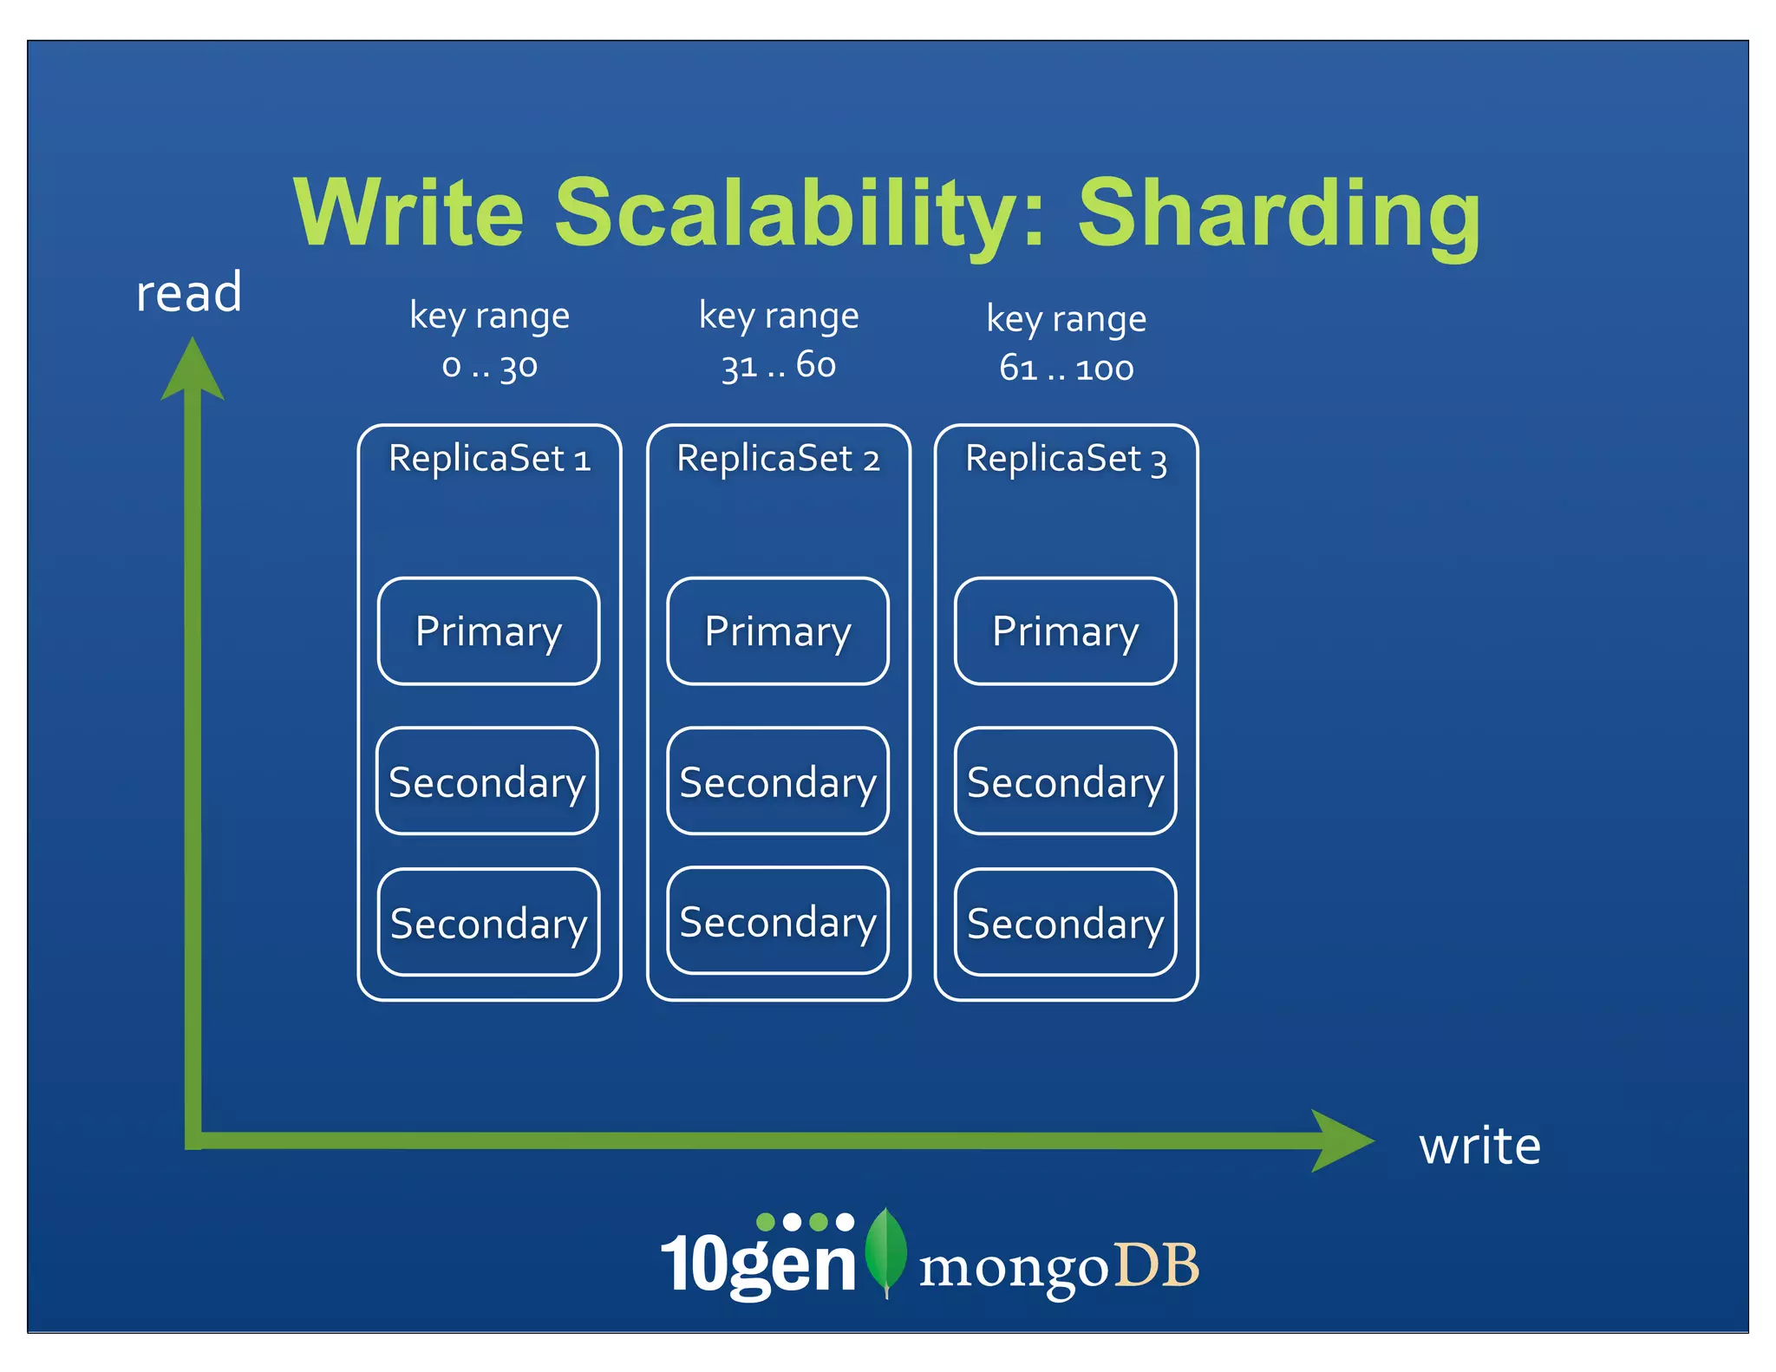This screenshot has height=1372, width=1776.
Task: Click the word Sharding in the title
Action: [x=1278, y=213]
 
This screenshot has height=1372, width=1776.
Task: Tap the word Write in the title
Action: [x=408, y=213]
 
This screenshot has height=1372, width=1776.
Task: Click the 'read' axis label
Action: [x=188, y=293]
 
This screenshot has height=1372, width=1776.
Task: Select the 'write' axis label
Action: [x=1479, y=1147]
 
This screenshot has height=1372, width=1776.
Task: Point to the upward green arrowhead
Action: [x=193, y=371]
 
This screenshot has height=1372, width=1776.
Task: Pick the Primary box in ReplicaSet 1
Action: [x=488, y=631]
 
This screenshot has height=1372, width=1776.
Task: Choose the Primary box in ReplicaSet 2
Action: [x=778, y=631]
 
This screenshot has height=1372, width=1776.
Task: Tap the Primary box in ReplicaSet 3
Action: [x=1065, y=631]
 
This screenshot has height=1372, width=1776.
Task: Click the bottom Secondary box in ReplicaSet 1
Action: [x=488, y=923]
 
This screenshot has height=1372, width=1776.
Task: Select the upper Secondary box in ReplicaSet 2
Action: [x=778, y=781]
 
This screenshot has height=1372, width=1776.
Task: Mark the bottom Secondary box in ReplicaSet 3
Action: [x=1065, y=923]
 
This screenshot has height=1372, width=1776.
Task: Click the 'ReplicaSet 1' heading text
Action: [x=489, y=458]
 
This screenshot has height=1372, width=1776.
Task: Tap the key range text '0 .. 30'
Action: [x=489, y=366]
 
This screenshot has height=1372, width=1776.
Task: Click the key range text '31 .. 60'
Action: [x=778, y=366]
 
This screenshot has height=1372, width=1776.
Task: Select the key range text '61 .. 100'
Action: [x=1066, y=369]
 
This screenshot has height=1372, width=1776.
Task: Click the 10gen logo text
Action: [x=759, y=1262]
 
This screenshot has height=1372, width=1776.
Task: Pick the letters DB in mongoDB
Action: [x=1156, y=1265]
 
